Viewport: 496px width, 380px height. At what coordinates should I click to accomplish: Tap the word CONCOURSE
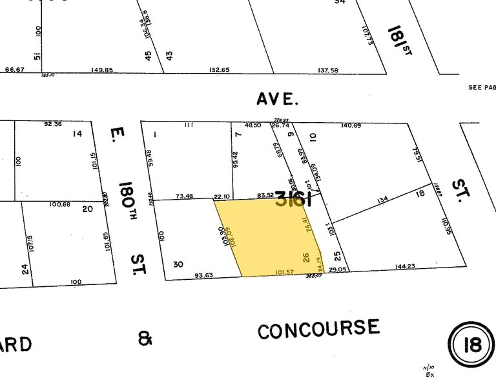click(318, 329)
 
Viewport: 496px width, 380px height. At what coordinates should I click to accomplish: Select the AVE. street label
click(278, 99)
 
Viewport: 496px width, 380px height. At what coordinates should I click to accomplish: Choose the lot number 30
click(179, 264)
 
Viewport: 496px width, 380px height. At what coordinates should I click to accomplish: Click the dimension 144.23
click(406, 266)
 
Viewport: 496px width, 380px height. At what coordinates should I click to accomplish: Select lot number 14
click(77, 134)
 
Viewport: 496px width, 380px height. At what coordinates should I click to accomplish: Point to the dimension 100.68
click(59, 205)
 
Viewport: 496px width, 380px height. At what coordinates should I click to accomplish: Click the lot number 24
click(25, 268)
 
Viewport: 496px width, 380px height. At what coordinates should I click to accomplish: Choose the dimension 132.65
click(219, 70)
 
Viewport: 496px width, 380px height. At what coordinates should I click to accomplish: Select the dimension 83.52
click(265, 195)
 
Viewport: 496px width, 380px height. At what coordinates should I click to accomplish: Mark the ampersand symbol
click(145, 338)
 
